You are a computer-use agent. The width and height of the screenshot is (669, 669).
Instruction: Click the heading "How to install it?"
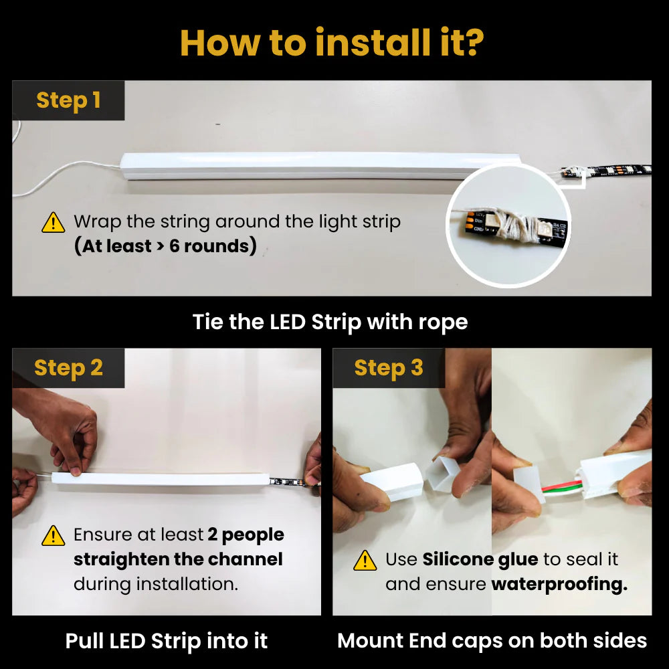point(332,42)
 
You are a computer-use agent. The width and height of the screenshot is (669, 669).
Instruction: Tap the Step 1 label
point(68,100)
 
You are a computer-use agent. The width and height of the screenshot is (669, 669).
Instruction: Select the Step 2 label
point(68,368)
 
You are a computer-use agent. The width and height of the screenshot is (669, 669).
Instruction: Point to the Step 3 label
point(389,368)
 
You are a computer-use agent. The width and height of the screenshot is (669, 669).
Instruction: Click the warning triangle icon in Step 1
point(53,222)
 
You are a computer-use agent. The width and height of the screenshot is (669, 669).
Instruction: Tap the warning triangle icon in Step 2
point(53,535)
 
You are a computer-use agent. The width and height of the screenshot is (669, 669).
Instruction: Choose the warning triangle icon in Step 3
point(365,560)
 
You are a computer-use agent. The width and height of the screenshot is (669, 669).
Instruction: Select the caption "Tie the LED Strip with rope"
point(330,322)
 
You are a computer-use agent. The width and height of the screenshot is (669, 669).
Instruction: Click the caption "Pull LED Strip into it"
point(167,641)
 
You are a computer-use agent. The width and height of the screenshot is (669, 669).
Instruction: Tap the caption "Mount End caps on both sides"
point(492,641)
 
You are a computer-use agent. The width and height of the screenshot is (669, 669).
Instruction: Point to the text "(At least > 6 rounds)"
point(165,246)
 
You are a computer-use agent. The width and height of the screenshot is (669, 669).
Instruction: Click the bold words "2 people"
point(246,535)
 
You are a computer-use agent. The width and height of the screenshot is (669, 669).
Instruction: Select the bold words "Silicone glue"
point(480,559)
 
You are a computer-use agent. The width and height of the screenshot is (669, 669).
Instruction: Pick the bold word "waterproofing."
point(559,584)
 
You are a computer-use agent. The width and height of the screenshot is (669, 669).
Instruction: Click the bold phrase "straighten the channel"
point(178,559)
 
